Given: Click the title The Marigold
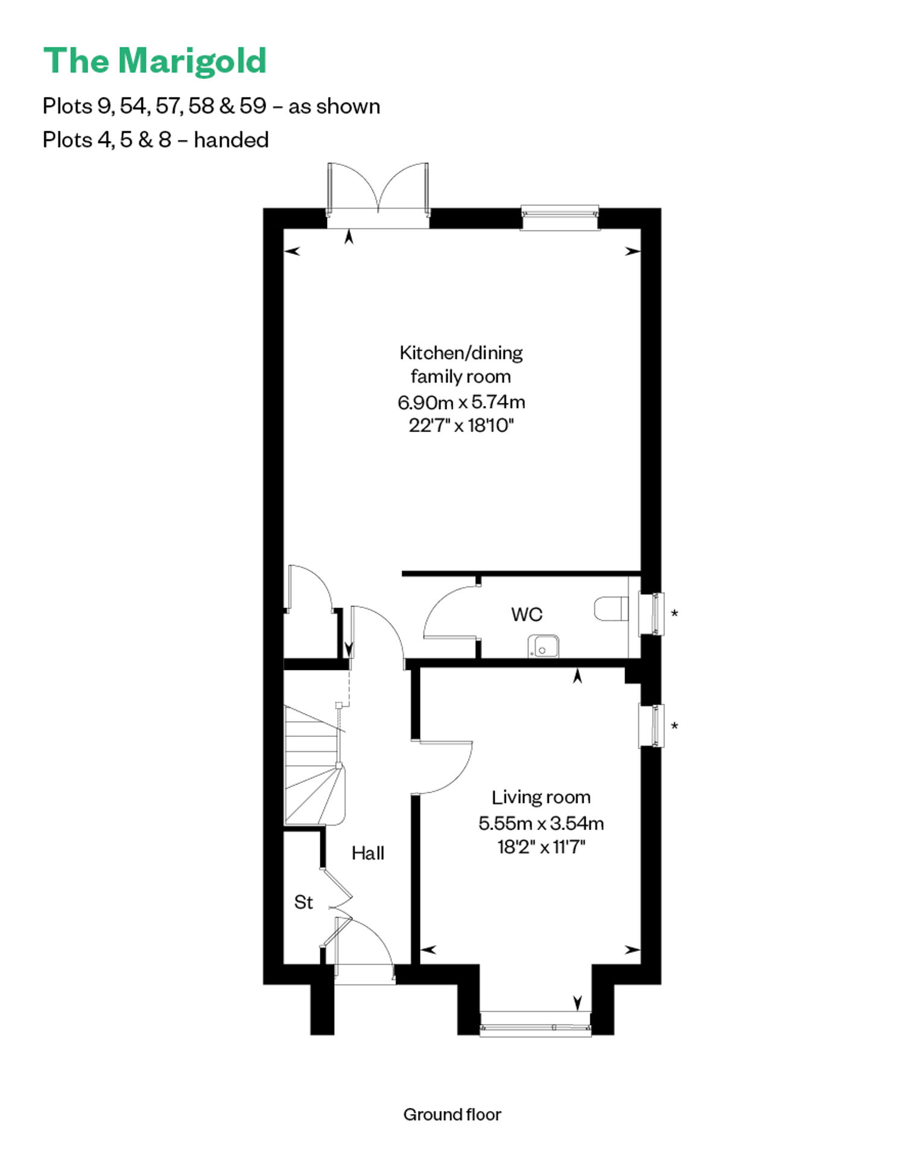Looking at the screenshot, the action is click(155, 62).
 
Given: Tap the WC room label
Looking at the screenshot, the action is click(527, 614).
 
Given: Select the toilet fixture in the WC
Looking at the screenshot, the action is click(611, 609).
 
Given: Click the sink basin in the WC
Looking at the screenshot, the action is click(543, 646).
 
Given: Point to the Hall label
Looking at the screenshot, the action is click(368, 853).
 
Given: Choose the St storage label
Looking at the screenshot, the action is click(303, 902).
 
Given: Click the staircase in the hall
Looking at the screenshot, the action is click(314, 765).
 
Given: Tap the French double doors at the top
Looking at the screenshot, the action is click(378, 188).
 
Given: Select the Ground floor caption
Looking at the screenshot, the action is click(453, 1115).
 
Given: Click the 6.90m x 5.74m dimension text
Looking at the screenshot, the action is click(461, 401).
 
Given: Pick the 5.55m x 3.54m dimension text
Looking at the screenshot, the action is click(541, 823).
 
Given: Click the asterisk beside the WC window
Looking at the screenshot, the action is click(675, 614).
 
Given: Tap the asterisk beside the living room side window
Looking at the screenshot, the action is click(675, 726).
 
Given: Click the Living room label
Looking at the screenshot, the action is click(541, 797).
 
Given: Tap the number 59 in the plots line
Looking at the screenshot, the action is click(253, 106).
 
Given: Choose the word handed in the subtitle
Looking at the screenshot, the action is click(231, 140).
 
